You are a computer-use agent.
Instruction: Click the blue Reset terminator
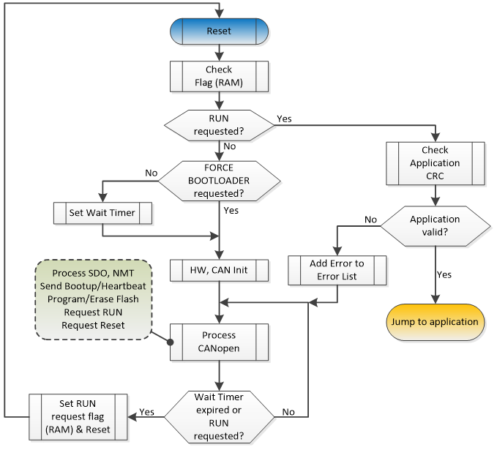pyautogui.click(x=219, y=31)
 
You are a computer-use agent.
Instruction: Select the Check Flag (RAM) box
pyautogui.click(x=219, y=75)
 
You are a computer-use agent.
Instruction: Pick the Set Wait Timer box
pyautogui.click(x=103, y=214)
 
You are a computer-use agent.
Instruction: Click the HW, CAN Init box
pyautogui.click(x=219, y=271)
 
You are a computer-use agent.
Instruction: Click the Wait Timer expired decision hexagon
pyautogui.click(x=219, y=416)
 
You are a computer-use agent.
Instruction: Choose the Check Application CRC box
pyautogui.click(x=435, y=162)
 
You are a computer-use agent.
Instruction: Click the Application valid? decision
pyautogui.click(x=435, y=225)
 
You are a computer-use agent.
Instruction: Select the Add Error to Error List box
pyautogui.click(x=336, y=269)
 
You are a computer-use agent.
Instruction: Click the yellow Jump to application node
pyautogui.click(x=435, y=322)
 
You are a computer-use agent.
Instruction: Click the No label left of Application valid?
pyautogui.click(x=370, y=218)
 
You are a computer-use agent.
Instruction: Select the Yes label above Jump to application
pyautogui.click(x=444, y=276)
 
